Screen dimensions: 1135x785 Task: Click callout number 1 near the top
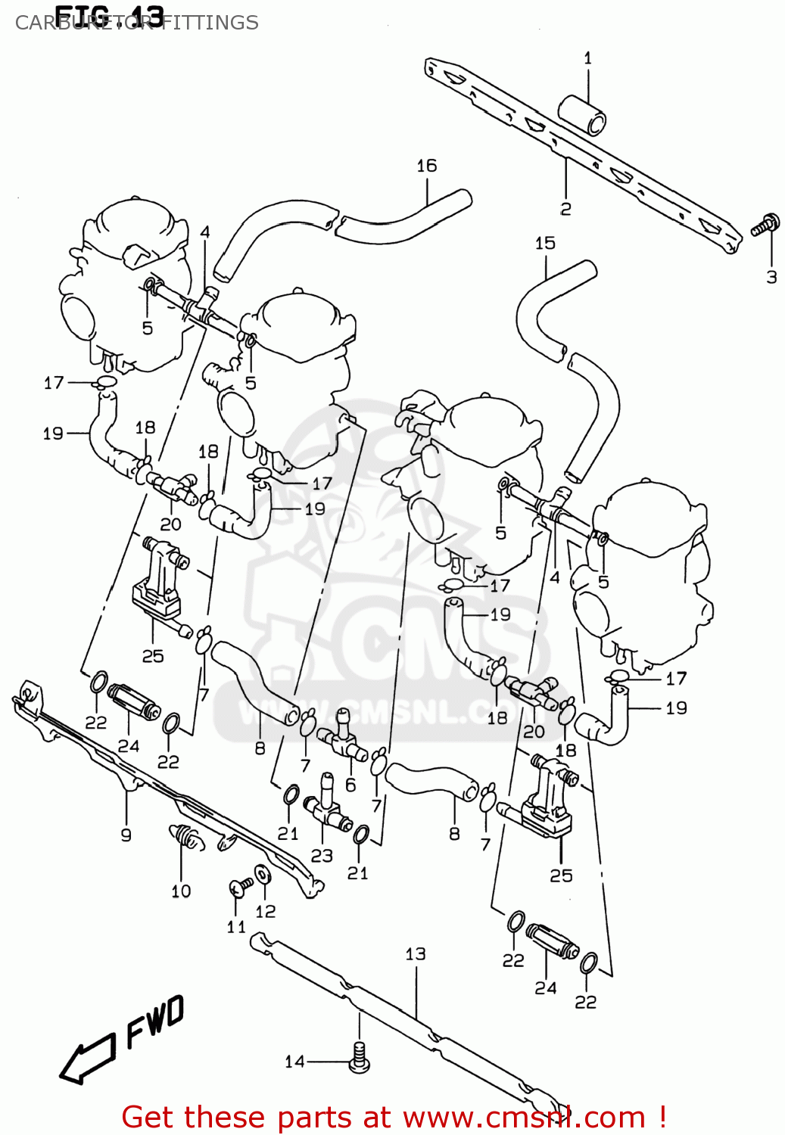587,58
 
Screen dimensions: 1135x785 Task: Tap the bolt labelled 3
765,225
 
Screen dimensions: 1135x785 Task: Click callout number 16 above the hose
426,166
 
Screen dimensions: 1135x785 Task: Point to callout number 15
545,243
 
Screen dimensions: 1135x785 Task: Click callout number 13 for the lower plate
415,953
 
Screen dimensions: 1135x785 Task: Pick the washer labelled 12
262,875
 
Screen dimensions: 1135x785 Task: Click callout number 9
126,835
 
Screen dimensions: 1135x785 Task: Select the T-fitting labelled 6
343,738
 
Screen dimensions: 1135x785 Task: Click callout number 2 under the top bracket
565,209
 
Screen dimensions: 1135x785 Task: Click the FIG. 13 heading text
109,14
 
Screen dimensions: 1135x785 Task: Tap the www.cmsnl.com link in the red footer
523,1117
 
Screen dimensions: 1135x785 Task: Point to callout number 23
322,855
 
